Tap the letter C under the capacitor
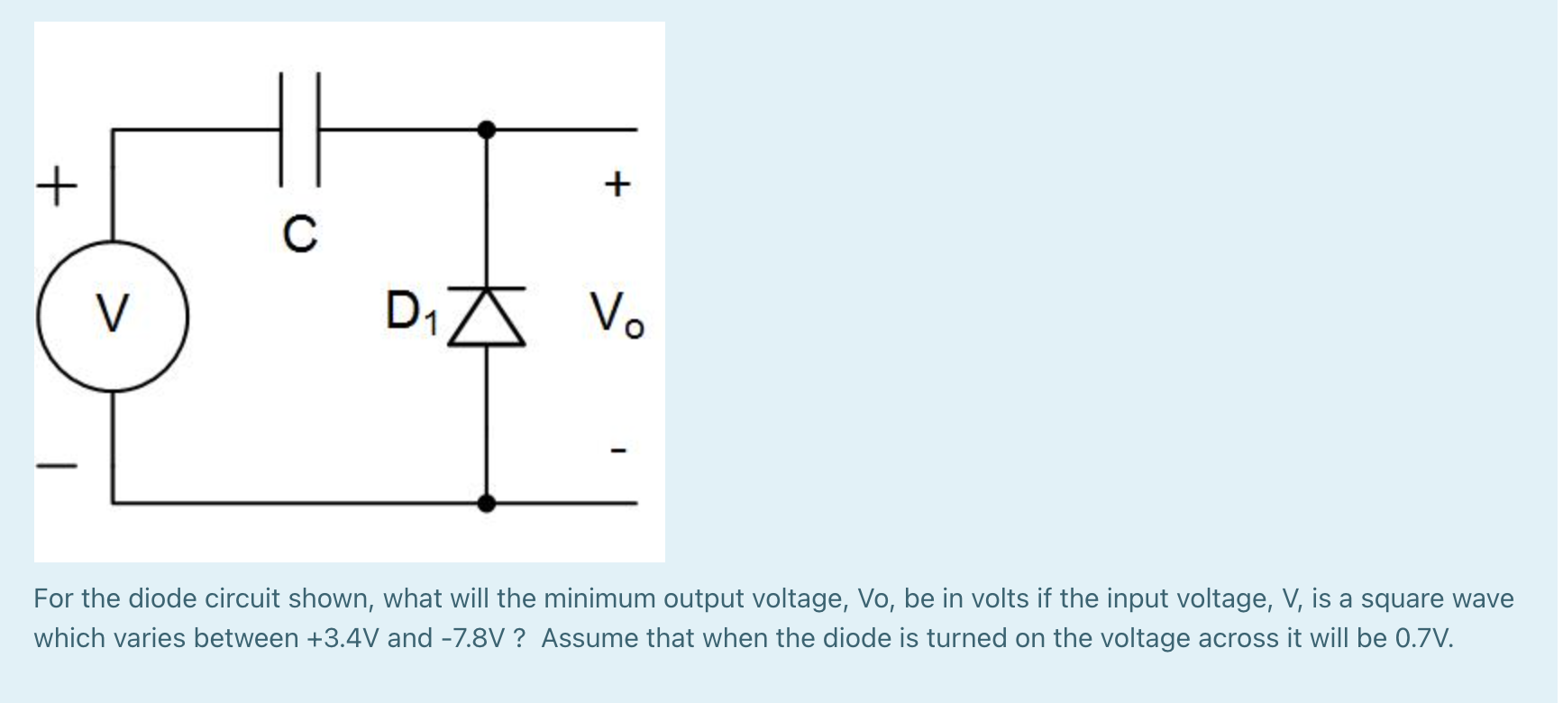point(300,233)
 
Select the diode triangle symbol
point(487,316)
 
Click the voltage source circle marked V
point(113,315)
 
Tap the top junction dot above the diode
point(487,130)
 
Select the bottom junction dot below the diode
point(487,502)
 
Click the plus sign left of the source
point(57,187)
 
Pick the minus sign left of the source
point(57,466)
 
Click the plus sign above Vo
point(617,185)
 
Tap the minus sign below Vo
point(617,449)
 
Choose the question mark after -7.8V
point(519,638)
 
